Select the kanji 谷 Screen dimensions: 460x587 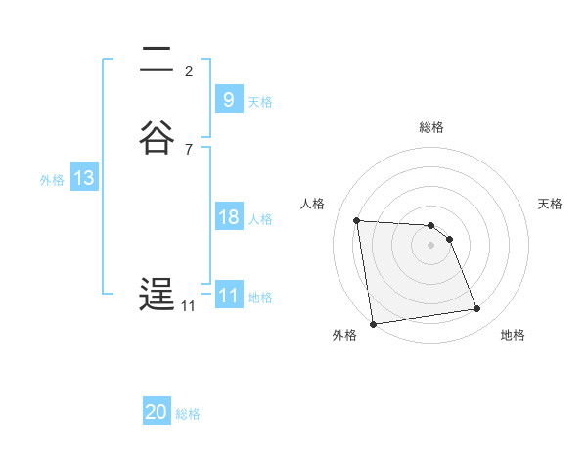(x=157, y=138)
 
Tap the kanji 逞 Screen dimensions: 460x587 (x=157, y=295)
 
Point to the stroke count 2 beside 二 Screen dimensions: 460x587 (x=189, y=70)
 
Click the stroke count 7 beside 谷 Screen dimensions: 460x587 (x=189, y=149)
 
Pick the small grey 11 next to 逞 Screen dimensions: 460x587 (x=188, y=306)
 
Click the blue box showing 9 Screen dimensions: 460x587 (x=228, y=99)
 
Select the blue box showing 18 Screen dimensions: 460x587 (x=228, y=217)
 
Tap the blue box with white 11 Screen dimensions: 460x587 (x=228, y=295)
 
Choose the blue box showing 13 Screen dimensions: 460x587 (x=83, y=178)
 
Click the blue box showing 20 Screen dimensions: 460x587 (x=157, y=412)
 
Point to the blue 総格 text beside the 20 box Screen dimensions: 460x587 (x=188, y=414)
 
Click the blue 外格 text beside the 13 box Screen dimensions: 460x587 (x=52, y=180)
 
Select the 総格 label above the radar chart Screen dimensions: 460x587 (x=431, y=127)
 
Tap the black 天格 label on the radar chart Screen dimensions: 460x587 (x=550, y=204)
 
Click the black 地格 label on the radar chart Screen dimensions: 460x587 (x=513, y=335)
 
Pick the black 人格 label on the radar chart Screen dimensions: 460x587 (x=313, y=204)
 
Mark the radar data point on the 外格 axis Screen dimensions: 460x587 (x=373, y=323)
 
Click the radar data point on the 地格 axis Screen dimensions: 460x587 (x=477, y=309)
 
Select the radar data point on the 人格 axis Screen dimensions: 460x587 (x=356, y=220)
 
